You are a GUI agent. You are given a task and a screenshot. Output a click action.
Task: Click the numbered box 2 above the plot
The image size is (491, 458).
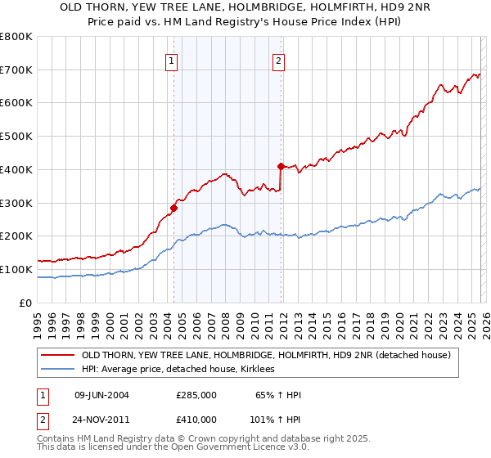point(279,60)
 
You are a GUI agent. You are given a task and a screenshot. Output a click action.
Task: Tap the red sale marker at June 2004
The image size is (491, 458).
point(173,208)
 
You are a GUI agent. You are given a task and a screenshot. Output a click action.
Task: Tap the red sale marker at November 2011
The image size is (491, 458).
point(281,166)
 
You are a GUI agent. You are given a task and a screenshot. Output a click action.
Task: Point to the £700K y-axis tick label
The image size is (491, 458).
point(16,70)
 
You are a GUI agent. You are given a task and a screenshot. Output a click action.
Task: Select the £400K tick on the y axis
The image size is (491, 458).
point(16,170)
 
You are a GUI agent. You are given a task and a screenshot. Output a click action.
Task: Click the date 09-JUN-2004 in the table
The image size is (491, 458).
point(101,395)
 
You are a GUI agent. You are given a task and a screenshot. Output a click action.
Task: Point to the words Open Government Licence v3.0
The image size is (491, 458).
point(241,448)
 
